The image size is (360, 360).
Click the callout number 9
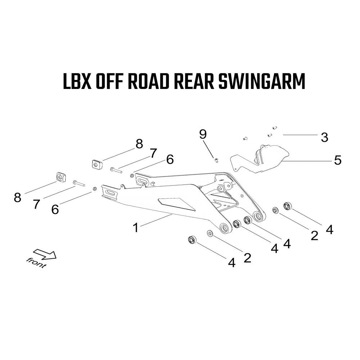pyautogui.click(x=203, y=134)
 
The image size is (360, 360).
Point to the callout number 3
pyautogui.click(x=324, y=137)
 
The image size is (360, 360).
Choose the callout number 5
pyautogui.click(x=338, y=160)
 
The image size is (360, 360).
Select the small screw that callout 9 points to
pyautogui.click(x=216, y=160)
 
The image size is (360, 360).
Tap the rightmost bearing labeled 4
pyautogui.click(x=288, y=206)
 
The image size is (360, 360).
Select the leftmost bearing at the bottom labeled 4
pyautogui.click(x=192, y=240)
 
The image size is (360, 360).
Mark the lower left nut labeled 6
pyautogui.click(x=94, y=189)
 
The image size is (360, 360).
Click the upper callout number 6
pyautogui.click(x=170, y=159)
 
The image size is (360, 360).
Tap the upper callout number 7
pyautogui.click(x=153, y=153)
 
